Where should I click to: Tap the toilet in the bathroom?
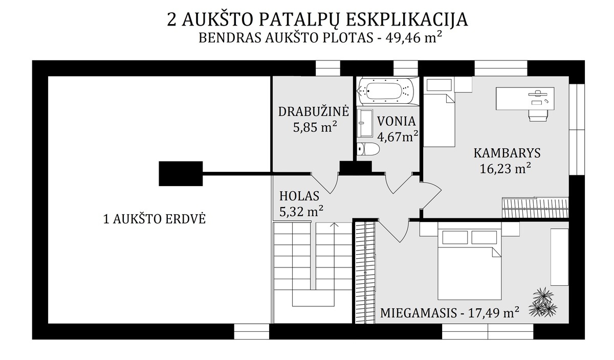click(x=368, y=149)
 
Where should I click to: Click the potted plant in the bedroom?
click(x=542, y=302)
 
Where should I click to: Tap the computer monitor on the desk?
click(x=538, y=94)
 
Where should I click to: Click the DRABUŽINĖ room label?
click(x=314, y=111)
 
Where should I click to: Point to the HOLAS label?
click(x=299, y=196)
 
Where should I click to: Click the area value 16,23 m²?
click(x=505, y=168)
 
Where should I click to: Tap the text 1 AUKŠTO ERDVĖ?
click(x=155, y=219)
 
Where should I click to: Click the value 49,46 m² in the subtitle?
click(x=413, y=38)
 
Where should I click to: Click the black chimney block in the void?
click(x=181, y=174)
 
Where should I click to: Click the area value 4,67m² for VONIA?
click(x=398, y=137)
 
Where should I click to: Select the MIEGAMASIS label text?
click(x=419, y=313)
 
